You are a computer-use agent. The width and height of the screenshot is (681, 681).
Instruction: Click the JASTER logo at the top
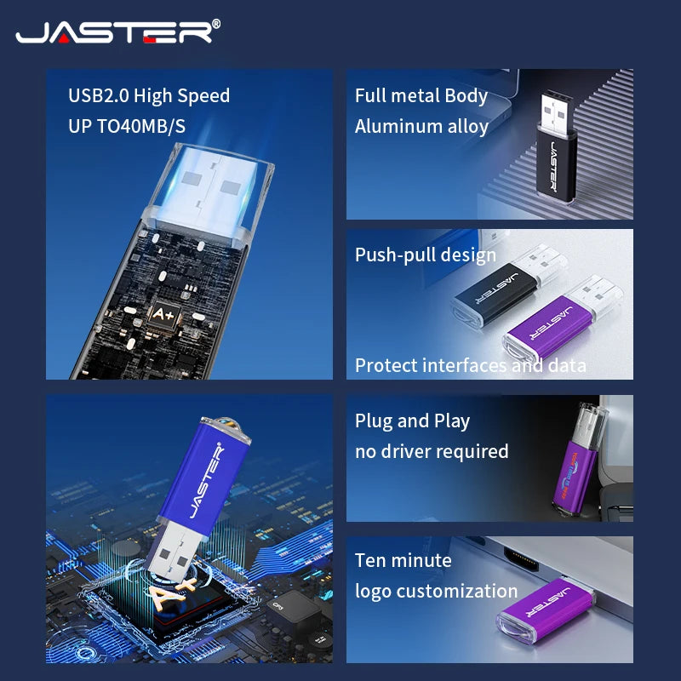tap(114, 32)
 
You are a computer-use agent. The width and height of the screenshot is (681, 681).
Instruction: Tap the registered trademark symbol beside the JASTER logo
tap(216, 24)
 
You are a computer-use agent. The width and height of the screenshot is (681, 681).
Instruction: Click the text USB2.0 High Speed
tap(149, 96)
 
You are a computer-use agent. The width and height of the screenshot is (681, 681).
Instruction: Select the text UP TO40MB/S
tap(127, 126)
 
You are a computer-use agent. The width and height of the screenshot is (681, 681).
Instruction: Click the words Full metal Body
tap(421, 96)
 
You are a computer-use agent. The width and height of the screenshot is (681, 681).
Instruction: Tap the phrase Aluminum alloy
tap(421, 126)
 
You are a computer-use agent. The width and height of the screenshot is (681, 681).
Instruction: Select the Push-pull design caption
tap(425, 255)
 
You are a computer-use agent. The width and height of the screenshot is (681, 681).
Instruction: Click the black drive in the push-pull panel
tap(509, 288)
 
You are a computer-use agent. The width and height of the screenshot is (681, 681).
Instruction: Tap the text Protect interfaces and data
tap(471, 366)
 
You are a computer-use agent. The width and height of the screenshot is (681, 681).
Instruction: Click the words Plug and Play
tap(412, 421)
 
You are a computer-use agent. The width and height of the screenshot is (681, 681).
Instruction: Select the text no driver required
tap(432, 452)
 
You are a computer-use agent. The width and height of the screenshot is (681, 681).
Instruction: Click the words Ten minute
tap(403, 561)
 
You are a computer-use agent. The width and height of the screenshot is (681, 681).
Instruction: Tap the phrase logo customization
tap(436, 592)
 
